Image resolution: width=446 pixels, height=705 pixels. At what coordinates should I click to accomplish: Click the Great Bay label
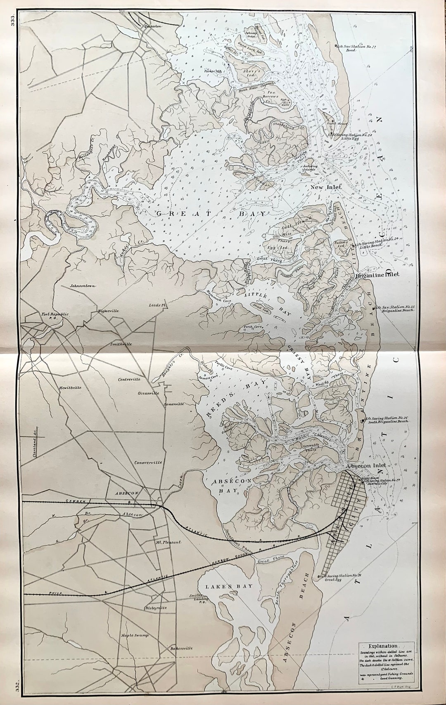coord(211,213)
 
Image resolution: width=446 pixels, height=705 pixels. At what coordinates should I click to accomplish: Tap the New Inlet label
coord(326,187)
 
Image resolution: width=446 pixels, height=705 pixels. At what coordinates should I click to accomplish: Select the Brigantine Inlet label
coord(377,275)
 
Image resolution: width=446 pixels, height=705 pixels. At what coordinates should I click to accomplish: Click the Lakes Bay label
coord(224,586)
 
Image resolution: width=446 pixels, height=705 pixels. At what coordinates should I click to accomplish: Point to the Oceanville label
coord(149,393)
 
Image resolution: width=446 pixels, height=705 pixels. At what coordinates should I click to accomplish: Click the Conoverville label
coord(148,462)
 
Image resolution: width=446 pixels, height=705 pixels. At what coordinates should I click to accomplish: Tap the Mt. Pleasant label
coord(168,542)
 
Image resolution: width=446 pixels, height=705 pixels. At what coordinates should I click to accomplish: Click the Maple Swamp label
coord(135,635)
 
